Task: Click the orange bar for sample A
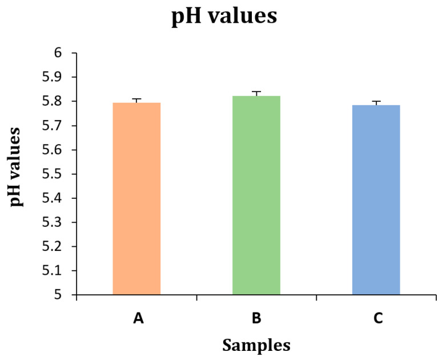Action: [x=136, y=198]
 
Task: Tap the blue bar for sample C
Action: [x=376, y=199]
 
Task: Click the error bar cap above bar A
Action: [x=136, y=100]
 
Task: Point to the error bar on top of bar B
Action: [x=256, y=93]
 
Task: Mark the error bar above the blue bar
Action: [x=376, y=102]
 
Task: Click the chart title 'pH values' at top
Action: [x=224, y=17]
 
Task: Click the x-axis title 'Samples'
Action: [x=256, y=345]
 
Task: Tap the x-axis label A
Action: [x=138, y=318]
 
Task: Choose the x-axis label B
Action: [x=256, y=318]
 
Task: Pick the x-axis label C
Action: [x=377, y=318]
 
